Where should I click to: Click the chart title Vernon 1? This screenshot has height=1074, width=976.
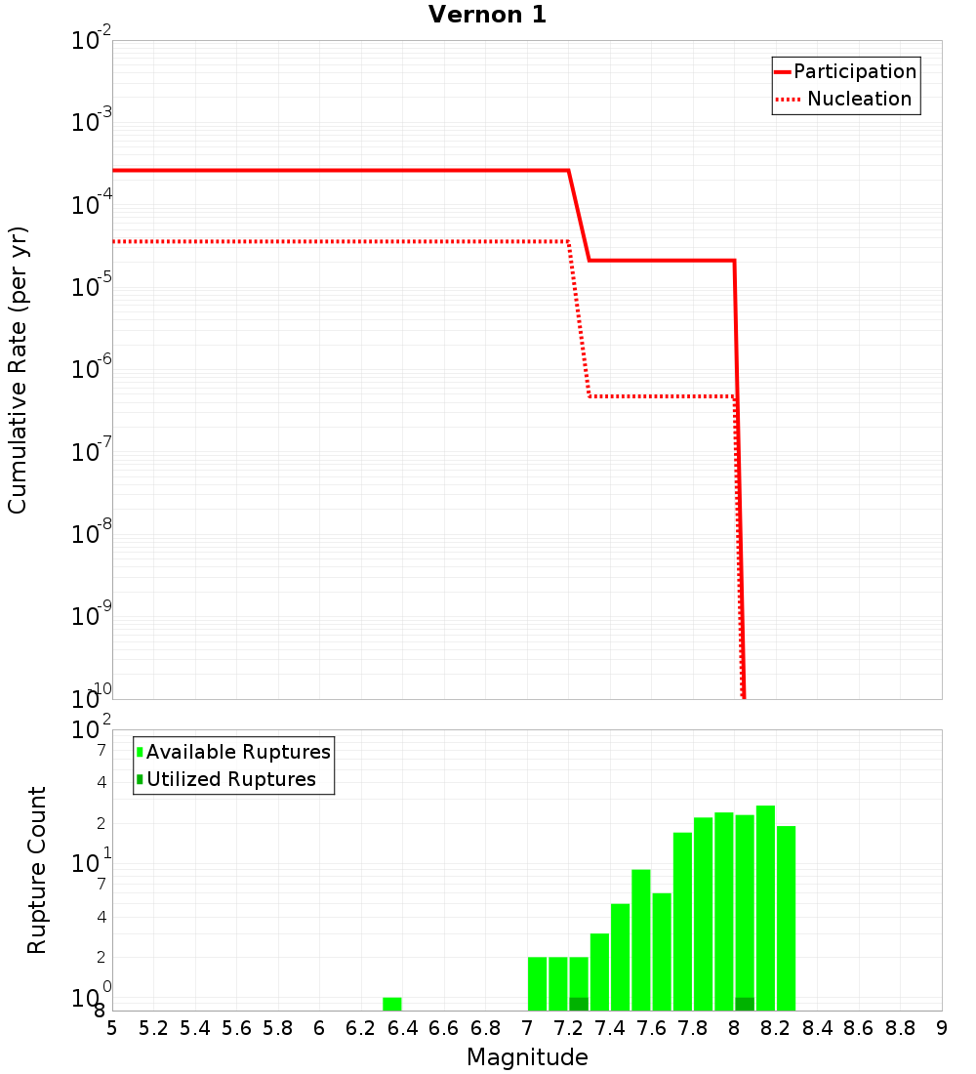pos(487,15)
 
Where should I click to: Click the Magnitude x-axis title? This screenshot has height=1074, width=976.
pos(527,1057)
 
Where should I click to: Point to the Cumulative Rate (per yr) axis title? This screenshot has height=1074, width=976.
pos(18,370)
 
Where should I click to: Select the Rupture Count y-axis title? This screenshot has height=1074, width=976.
pos(37,870)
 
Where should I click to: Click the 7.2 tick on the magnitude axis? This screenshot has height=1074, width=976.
pos(569,1028)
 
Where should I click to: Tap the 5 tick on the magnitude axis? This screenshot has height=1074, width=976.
pos(112,1028)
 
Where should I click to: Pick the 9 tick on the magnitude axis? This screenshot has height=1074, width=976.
pos(942,1028)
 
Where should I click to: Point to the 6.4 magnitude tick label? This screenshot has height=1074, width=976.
pos(403,1028)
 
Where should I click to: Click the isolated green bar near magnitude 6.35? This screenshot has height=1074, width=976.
pos(392,1004)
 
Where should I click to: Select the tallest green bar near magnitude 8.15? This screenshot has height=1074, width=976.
pos(765,908)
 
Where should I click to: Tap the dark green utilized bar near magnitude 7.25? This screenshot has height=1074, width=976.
pos(579,1004)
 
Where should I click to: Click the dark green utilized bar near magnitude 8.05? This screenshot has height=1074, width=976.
pos(745,1004)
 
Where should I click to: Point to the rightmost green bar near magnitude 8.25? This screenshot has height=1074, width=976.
pos(787,918)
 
